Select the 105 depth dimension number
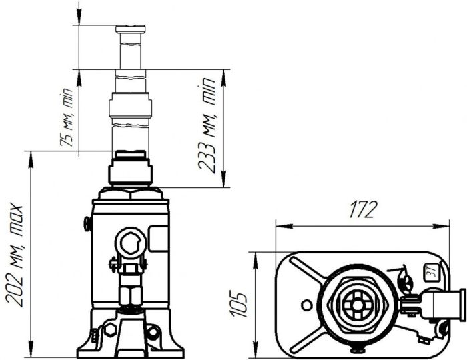pos(243,303)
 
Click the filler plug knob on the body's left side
pos(87,224)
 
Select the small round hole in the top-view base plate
pos(306,305)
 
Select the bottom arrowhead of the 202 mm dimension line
pos(31,353)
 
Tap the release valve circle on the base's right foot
pos(153,331)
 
